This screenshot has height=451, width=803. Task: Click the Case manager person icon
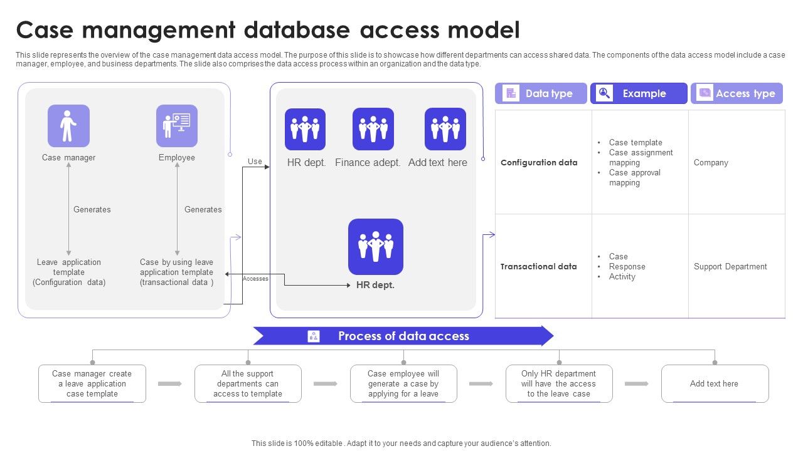click(68, 126)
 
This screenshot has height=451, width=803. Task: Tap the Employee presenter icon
click(176, 126)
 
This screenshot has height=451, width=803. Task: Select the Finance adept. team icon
click(373, 129)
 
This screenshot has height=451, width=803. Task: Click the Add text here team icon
click(445, 129)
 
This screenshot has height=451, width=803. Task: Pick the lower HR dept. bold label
click(375, 285)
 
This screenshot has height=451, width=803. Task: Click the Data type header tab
click(541, 93)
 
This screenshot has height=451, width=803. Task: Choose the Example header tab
click(639, 93)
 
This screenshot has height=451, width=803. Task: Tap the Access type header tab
click(737, 93)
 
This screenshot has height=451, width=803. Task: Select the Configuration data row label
click(539, 163)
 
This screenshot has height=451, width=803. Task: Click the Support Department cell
click(730, 267)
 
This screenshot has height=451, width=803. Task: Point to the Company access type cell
click(711, 163)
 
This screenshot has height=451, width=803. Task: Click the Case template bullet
click(635, 143)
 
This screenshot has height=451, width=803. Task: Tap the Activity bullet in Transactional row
click(622, 277)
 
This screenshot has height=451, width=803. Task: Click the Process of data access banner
click(403, 336)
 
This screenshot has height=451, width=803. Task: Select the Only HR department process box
click(558, 383)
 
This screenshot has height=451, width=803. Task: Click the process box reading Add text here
click(714, 383)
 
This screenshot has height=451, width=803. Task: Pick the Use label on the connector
click(255, 162)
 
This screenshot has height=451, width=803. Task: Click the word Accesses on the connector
click(255, 279)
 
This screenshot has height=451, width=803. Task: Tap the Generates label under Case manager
click(92, 210)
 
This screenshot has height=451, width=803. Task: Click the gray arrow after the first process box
click(170, 383)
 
